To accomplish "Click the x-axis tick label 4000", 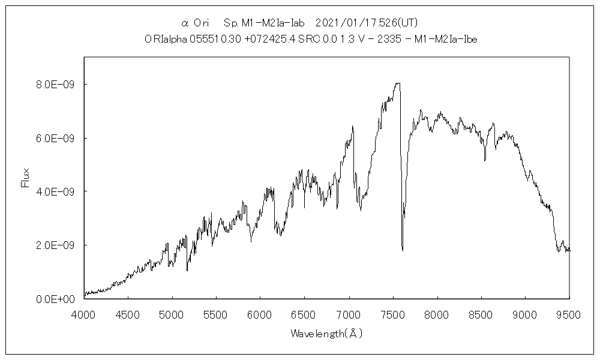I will [84, 313].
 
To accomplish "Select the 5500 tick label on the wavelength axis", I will [217, 313].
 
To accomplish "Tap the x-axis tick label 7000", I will [349, 313].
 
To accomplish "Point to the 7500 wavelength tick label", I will [393, 313].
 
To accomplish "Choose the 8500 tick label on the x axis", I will [481, 313].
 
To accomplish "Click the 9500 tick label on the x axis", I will [569, 313].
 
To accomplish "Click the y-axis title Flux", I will [25, 178].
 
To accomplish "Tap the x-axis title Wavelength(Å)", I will [326, 333].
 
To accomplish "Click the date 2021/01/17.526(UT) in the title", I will [366, 23].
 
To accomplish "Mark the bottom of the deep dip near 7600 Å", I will [402, 250].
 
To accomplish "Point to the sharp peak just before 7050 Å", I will [352, 126].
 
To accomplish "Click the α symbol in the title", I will [185, 23].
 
